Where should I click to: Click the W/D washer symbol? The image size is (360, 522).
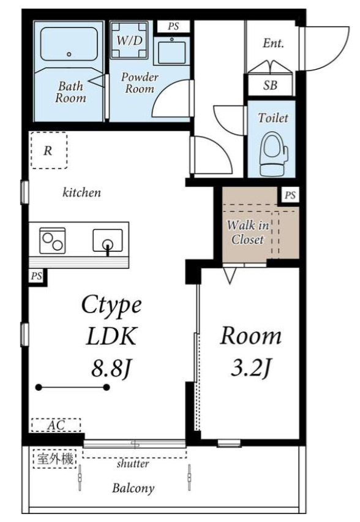pyautogui.click(x=129, y=40)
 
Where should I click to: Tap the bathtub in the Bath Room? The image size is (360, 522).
pyautogui.click(x=69, y=44)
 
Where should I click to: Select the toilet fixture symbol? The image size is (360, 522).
pyautogui.click(x=274, y=154)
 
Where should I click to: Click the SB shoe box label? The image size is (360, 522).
pyautogui.click(x=270, y=86)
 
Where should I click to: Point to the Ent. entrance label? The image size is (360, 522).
pyautogui.click(x=273, y=43)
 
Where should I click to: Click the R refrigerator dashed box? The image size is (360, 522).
pyautogui.click(x=49, y=150)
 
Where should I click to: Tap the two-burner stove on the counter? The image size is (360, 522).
pyautogui.click(x=52, y=240)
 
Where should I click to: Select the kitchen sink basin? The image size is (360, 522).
pyautogui.click(x=108, y=240)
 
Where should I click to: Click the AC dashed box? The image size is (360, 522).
pyautogui.click(x=56, y=425)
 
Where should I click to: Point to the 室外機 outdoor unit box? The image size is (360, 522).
pyautogui.click(x=55, y=459)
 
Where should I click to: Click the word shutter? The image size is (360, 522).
pyautogui.click(x=133, y=463)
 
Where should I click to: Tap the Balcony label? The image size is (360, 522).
pyautogui.click(x=133, y=488)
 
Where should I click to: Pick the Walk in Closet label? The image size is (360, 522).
pyautogui.click(x=248, y=232)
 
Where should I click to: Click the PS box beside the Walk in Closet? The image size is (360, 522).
pyautogui.click(x=290, y=195)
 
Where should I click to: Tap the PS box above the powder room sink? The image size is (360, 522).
pyautogui.click(x=173, y=26)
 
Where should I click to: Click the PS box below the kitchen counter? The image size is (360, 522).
pyautogui.click(x=37, y=276)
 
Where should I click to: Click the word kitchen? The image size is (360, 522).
pyautogui.click(x=82, y=192)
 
